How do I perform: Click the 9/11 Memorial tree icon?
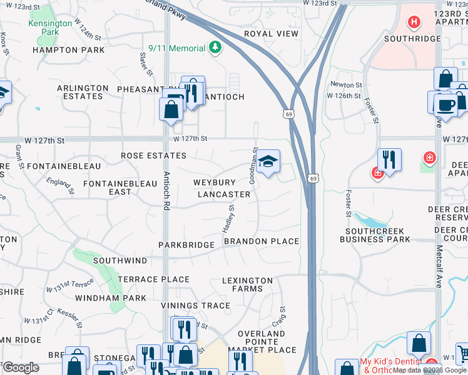(215, 48)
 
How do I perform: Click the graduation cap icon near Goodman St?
(267, 162)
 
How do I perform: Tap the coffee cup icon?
(445, 104)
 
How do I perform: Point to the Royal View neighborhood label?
(271, 34)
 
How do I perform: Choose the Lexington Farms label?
(248, 284)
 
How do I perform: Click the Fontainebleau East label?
(120, 187)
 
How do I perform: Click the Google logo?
(20, 367)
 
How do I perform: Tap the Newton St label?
(346, 84)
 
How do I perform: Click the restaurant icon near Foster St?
(389, 160)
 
